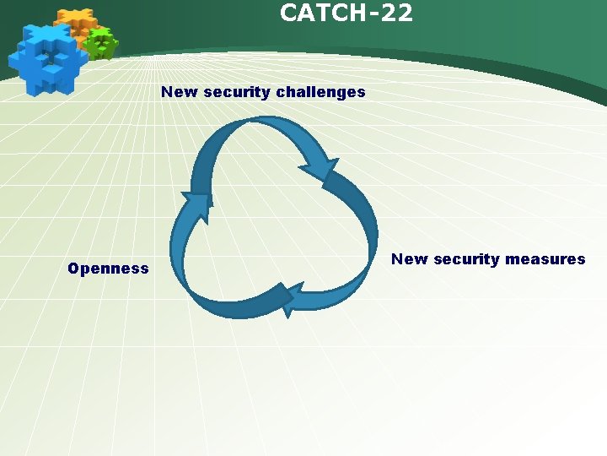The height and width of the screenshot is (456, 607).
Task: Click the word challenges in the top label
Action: (325, 92)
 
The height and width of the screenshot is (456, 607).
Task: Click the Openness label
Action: (108, 269)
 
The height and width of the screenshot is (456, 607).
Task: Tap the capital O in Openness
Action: (73, 269)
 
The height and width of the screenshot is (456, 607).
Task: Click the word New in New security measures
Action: (410, 259)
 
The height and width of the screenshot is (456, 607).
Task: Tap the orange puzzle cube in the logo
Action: (77, 24)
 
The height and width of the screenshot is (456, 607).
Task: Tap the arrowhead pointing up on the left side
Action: (196, 205)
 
